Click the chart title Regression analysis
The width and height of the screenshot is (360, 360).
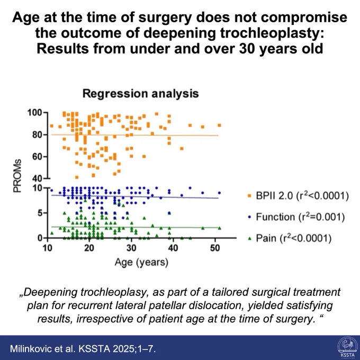(140, 94)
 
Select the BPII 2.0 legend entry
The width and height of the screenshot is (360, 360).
(298, 196)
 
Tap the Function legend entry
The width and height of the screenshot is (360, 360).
(296, 217)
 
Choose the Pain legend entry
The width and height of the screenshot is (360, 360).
(290, 238)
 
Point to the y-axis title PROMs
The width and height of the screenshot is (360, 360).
(17, 176)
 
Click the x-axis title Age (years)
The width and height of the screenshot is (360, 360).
(141, 262)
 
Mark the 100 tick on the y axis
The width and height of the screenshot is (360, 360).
(34, 113)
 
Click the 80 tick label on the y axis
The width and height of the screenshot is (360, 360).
(37, 135)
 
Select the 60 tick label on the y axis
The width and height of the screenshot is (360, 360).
(37, 157)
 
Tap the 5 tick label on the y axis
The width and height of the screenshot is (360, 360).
(40, 213)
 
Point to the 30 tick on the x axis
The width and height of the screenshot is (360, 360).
(131, 248)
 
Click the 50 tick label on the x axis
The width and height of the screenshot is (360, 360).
(215, 248)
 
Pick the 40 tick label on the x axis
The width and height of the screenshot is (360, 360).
(173, 248)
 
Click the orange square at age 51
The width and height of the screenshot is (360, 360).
(219, 125)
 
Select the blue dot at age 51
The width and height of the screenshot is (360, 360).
(219, 193)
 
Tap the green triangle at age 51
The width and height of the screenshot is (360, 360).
(220, 228)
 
